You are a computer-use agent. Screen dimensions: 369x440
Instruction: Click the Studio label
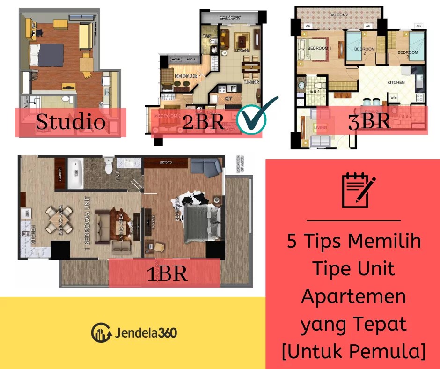pos(70,122)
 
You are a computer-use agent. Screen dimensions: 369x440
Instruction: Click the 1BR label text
pos(167,273)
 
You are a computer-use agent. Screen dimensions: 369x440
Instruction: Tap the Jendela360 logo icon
pos(101,332)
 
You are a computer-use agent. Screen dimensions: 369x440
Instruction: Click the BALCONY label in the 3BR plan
pos(338,15)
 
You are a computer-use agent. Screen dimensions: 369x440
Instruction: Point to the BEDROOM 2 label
pos(364,49)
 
